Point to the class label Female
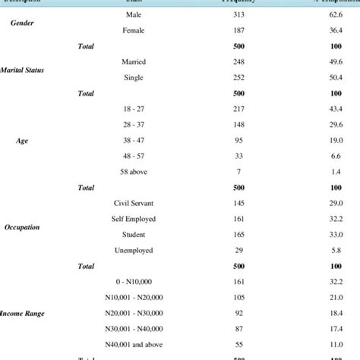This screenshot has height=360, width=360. coord(133,31)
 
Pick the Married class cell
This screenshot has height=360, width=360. coord(133,62)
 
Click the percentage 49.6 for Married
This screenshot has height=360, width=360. coord(333,62)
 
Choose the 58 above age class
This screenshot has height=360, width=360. coord(133,172)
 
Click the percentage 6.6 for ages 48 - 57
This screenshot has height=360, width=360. coord(335,156)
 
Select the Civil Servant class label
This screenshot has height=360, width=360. coord(133,203)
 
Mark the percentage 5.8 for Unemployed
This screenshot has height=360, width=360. coord(335,250)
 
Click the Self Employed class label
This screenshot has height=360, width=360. coord(133,219)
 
